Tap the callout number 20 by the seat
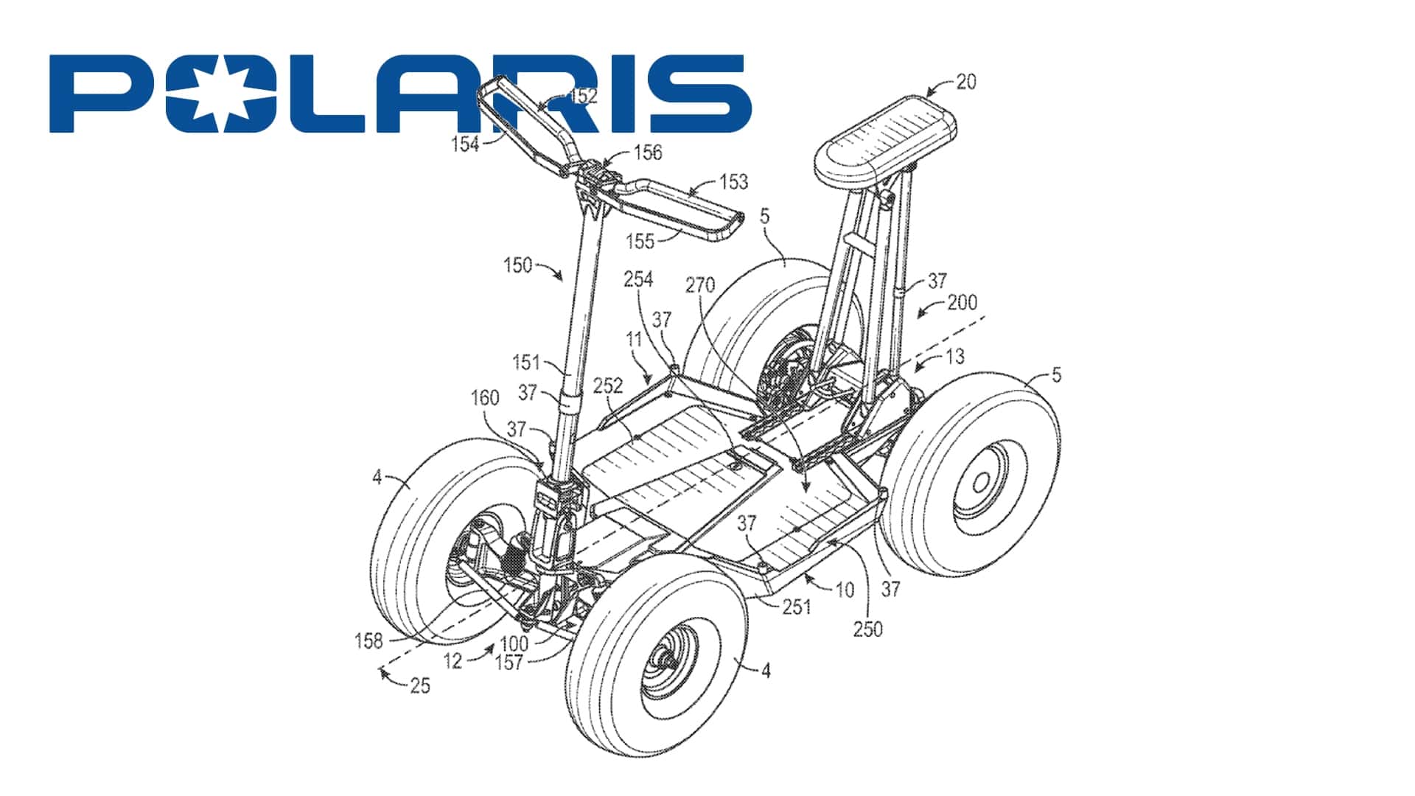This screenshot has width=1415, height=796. click(965, 82)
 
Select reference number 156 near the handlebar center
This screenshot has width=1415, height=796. click(648, 153)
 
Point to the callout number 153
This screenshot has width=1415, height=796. click(733, 181)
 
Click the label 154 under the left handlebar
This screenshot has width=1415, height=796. click(465, 144)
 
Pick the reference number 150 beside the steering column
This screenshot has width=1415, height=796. click(517, 265)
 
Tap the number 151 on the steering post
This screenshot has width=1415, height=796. click(526, 363)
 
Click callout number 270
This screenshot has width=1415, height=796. click(700, 284)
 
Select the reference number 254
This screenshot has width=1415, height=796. click(638, 279)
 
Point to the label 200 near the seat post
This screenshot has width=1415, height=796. click(962, 302)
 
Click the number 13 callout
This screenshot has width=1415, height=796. click(954, 357)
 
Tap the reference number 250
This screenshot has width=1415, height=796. click(867, 629)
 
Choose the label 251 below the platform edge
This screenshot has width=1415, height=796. click(796, 607)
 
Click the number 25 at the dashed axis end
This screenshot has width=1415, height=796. click(419, 686)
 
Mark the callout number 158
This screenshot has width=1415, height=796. click(368, 640)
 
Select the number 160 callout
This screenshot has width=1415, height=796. click(485, 398)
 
